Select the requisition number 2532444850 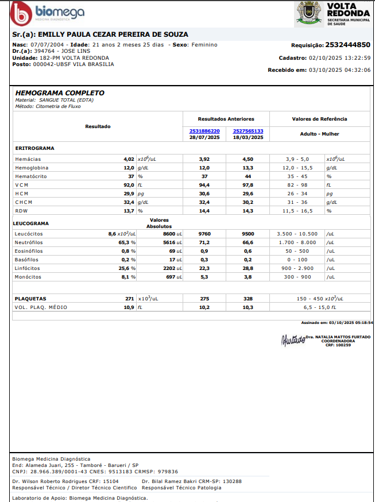point(347,45)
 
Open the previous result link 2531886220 point(204,131)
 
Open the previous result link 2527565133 point(248,131)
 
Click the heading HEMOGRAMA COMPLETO point(60,92)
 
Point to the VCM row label point(22,185)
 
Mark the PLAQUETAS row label point(30,299)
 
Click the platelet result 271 point(129,299)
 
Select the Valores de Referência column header point(319,119)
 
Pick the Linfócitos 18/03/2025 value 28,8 point(248,268)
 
